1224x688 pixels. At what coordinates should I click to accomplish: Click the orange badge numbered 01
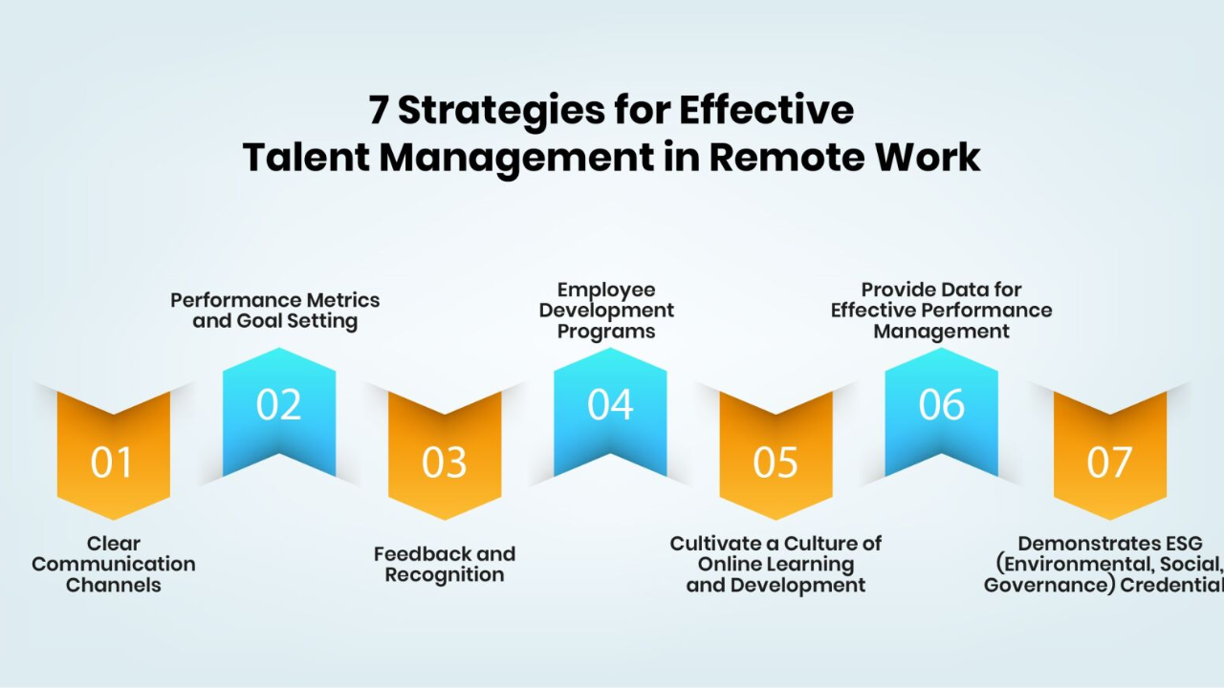coord(114,462)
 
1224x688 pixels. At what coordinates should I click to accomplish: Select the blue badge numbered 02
coord(279,407)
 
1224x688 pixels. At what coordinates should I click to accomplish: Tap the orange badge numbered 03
coord(445,462)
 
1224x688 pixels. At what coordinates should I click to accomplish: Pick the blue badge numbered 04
coord(610,407)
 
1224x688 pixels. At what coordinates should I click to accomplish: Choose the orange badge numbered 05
coord(776,462)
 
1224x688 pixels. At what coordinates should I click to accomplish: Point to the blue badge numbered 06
coord(942,407)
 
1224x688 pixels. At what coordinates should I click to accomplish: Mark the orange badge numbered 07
coord(1110,462)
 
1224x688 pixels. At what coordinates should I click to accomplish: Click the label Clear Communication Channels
coord(114,564)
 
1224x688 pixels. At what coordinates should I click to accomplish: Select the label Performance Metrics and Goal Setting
coord(274,311)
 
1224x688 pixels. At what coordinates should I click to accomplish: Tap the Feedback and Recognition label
coord(445,564)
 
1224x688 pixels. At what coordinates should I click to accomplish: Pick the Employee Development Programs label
coord(606,311)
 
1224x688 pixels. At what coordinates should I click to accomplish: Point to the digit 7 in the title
coord(378,110)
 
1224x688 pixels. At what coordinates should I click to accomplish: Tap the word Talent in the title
coord(306,158)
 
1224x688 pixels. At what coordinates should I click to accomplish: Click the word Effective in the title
coord(767,109)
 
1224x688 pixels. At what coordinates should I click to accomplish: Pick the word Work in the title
coord(929,158)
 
